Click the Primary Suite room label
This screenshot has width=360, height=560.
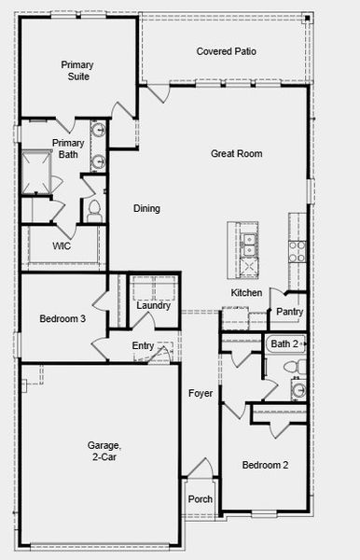click(76, 70)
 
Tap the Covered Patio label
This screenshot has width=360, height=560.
click(226, 51)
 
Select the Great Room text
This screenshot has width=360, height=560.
click(236, 153)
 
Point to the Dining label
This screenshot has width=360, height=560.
click(146, 208)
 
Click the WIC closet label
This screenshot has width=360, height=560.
click(62, 246)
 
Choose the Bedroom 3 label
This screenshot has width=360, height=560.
click(62, 318)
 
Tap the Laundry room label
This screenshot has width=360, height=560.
click(153, 305)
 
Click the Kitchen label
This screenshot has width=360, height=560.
click(246, 293)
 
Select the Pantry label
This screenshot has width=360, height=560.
click(289, 312)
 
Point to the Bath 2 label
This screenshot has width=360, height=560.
click(284, 344)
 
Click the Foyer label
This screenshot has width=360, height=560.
click(200, 394)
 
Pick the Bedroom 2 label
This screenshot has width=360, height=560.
click(265, 465)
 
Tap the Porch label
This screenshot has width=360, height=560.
click(200, 499)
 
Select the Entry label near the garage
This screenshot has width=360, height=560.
click(143, 346)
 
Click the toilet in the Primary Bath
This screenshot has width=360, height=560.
click(94, 212)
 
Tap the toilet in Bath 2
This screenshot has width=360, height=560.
click(298, 390)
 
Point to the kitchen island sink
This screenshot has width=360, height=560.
click(247, 245)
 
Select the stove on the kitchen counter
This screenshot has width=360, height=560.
click(297, 249)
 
